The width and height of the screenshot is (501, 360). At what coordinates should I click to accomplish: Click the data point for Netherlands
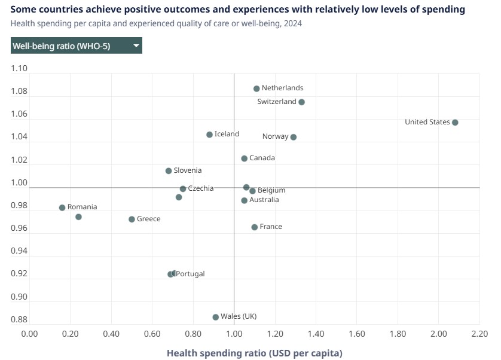pyautogui.click(x=256, y=89)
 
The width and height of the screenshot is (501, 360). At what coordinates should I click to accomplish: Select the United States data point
pyautogui.click(x=455, y=123)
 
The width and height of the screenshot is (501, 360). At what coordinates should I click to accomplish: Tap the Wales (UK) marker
pyautogui.click(x=216, y=317)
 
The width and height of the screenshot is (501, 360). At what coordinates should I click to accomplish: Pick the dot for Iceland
pyautogui.click(x=209, y=135)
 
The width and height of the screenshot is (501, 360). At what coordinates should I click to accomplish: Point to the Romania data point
pyautogui.click(x=62, y=208)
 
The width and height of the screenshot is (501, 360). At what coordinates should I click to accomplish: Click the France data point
pyautogui.click(x=255, y=227)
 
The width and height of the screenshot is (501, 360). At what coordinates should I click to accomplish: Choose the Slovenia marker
pyautogui.click(x=169, y=171)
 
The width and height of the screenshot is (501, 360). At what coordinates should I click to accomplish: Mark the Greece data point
pyautogui.click(x=132, y=219)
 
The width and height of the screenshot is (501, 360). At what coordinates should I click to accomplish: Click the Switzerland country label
pyautogui.click(x=277, y=102)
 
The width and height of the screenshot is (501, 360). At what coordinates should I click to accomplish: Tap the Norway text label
pyautogui.click(x=276, y=136)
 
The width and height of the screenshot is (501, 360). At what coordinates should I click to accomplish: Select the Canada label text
pyautogui.click(x=262, y=158)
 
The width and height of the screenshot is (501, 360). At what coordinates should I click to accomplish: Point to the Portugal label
pyautogui.click(x=190, y=274)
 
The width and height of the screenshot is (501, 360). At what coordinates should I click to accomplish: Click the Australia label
pyautogui.click(x=264, y=200)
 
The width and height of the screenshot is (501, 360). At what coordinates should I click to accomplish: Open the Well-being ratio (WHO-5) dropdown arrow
pyautogui.click(x=136, y=46)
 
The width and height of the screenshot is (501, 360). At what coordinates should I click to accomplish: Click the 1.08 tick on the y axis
pyautogui.click(x=20, y=91)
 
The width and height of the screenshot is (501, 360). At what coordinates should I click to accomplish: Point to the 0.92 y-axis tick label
pyautogui.click(x=20, y=274)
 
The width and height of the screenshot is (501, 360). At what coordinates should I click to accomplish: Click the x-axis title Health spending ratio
pyautogui.click(x=254, y=353)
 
